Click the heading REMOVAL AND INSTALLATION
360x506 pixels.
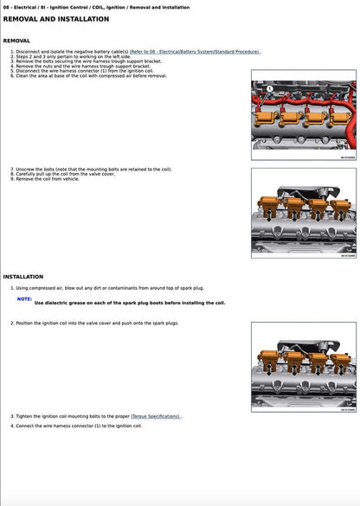pos(56,18)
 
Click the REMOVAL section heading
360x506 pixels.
pos(16,41)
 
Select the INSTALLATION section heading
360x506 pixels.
pos(23,277)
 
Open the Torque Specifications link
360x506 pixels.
pos(156,416)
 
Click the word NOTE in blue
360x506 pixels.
pos(25,298)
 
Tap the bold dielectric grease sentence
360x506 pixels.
pos(130,304)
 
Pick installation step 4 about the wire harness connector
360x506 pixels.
pos(79,426)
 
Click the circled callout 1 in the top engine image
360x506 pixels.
pos(270,89)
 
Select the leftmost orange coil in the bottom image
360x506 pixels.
pos(272,362)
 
